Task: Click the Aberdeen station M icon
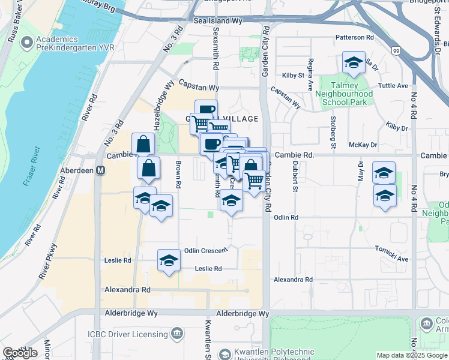(x=101, y=170)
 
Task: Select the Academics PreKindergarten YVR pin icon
(x=26, y=43)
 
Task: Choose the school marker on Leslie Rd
(x=169, y=261)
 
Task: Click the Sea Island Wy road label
(x=217, y=20)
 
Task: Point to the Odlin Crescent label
(x=206, y=250)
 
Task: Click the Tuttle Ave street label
(x=394, y=86)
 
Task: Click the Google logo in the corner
(x=20, y=353)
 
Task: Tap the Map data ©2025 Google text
(x=412, y=355)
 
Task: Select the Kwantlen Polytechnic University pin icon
(x=224, y=354)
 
